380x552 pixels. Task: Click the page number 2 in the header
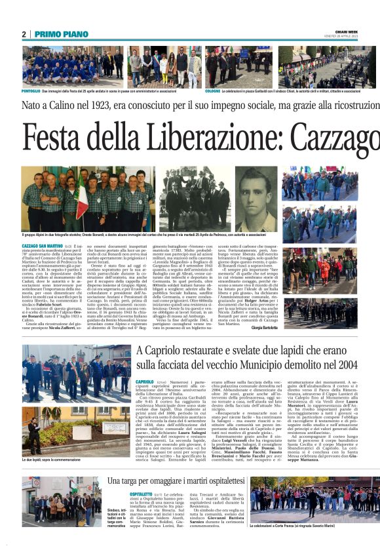[24, 34]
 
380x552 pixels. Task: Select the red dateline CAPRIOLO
[145, 381]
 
